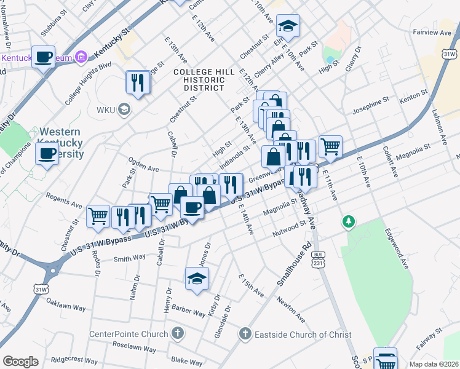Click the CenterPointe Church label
tap(129, 334)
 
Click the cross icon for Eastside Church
tap(245, 334)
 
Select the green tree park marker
tap(349, 221)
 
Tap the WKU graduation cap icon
tap(124, 110)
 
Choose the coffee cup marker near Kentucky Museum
tap(44, 58)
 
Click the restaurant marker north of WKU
tap(138, 82)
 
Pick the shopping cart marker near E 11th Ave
tap(331, 146)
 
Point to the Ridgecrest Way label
tap(74, 360)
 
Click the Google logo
tap(20, 362)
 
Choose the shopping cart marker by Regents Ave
tap(98, 216)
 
